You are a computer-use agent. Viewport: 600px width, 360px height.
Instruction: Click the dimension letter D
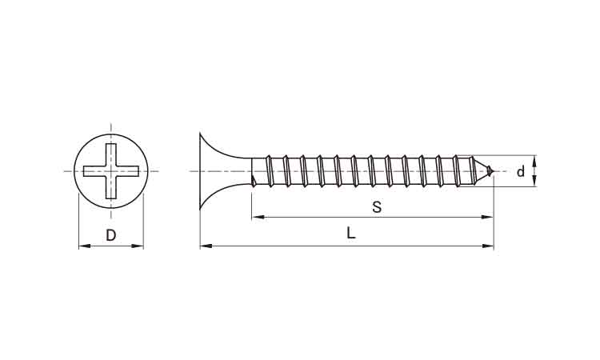(x=110, y=235)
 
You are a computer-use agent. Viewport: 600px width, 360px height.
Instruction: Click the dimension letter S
(x=377, y=207)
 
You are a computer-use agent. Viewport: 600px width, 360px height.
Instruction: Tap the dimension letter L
(x=351, y=233)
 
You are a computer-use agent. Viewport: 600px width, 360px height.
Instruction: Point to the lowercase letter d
(x=521, y=172)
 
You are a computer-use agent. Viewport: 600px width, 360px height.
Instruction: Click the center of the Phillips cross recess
(x=111, y=171)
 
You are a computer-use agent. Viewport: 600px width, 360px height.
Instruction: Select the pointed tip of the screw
(x=494, y=171)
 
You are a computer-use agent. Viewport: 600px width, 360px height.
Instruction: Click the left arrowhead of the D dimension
(x=85, y=246)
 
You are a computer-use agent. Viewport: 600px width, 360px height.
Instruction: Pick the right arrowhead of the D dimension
(x=137, y=246)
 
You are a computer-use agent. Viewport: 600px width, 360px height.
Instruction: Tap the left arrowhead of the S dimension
(x=258, y=218)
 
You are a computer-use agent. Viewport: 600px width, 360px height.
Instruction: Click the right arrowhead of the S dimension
(x=487, y=218)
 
